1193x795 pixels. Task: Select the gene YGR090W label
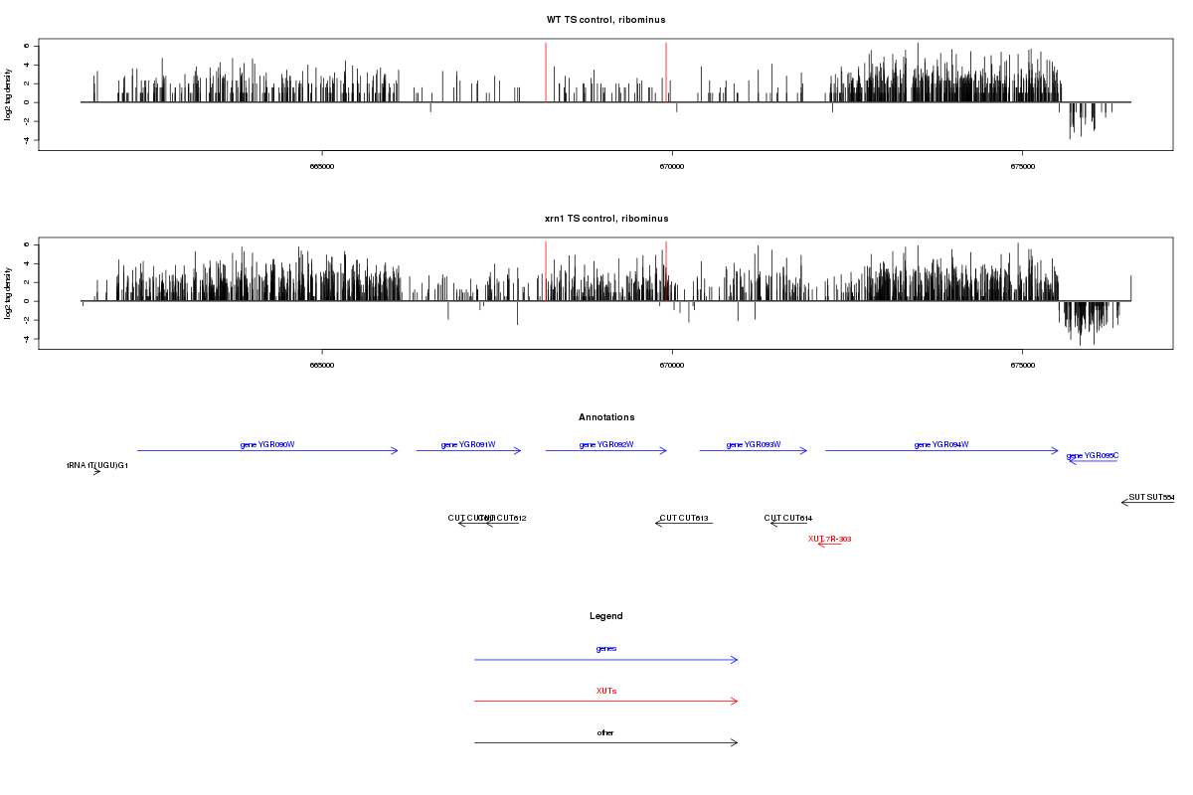(x=267, y=444)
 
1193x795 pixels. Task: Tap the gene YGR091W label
(x=468, y=444)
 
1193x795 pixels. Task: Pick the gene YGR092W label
(x=606, y=444)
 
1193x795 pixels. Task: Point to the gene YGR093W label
(x=754, y=444)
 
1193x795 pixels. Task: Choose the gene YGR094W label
(x=941, y=444)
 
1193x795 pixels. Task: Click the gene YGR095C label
(x=1093, y=456)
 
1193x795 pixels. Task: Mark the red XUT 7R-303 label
(x=830, y=539)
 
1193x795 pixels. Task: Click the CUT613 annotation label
(x=684, y=518)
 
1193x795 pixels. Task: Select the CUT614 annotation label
(x=788, y=518)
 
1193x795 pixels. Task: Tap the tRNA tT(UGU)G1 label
(x=97, y=465)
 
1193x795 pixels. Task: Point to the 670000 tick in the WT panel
(x=672, y=166)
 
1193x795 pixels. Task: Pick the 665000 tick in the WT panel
(x=322, y=166)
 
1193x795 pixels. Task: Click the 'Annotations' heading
(x=606, y=417)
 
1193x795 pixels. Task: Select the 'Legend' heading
(x=606, y=616)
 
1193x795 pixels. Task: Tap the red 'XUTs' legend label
(x=606, y=690)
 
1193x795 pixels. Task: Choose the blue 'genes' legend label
(x=606, y=648)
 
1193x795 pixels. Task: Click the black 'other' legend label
(x=606, y=732)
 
